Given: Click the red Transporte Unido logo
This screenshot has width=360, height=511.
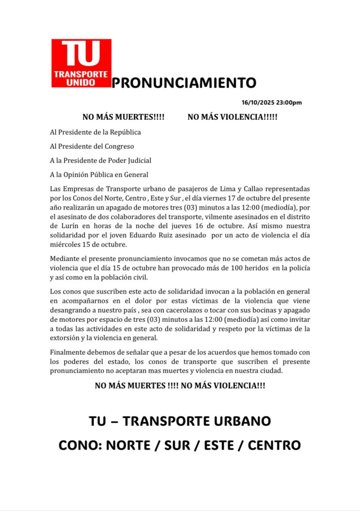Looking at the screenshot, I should pyautogui.click(x=81, y=63).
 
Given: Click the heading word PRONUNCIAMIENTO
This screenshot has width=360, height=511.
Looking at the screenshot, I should pyautogui.click(x=183, y=83).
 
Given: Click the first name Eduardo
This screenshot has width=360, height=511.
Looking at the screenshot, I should pyautogui.click(x=151, y=235).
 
